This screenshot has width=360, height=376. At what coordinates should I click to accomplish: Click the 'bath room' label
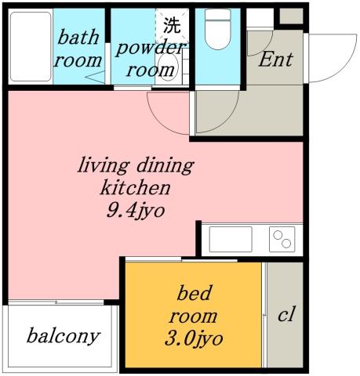tap(80, 48)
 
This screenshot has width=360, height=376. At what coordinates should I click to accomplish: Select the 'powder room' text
tap(151, 57)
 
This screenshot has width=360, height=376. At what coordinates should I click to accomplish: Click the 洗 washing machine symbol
tap(171, 23)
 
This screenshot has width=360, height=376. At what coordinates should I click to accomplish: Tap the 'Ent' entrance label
tap(275, 60)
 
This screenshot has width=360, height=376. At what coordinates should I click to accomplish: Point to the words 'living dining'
tap(134, 166)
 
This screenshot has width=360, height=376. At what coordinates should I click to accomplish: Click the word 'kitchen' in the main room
tap(134, 187)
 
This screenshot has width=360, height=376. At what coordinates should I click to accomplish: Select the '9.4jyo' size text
tap(134, 209)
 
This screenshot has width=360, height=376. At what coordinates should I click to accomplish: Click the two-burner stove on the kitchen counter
tap(284, 238)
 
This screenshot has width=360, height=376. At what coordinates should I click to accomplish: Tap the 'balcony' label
tap(63, 337)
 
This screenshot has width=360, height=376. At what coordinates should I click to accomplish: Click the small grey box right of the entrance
tap(290, 16)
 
